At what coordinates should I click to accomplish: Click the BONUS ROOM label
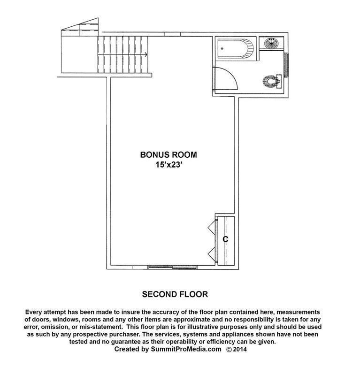(169, 155)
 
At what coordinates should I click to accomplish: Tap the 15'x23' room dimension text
(169, 165)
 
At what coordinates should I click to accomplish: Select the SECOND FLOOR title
(175, 294)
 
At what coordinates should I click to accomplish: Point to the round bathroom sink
(271, 43)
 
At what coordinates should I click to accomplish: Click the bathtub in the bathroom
(235, 48)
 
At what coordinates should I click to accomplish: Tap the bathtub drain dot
(222, 48)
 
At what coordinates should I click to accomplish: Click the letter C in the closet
(226, 239)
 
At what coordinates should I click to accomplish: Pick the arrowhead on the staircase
(146, 55)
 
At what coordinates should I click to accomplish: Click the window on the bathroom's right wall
(286, 65)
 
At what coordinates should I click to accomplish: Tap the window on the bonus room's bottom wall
(172, 267)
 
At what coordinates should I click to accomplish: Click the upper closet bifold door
(212, 227)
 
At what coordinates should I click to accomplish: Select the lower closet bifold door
(212, 254)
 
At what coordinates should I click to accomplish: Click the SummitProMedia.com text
(186, 349)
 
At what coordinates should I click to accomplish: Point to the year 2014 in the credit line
(240, 349)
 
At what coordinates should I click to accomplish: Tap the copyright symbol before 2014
(229, 349)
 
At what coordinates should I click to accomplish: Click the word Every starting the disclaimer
(33, 312)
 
